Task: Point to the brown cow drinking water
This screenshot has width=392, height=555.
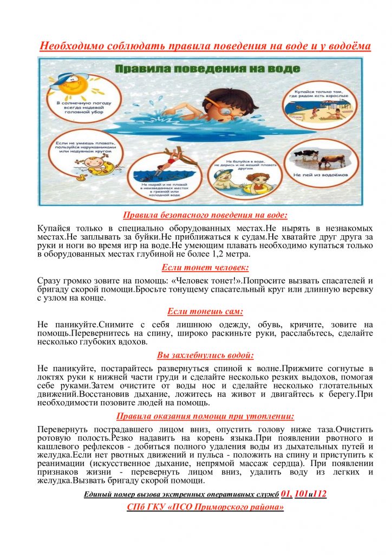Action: tap(331, 159)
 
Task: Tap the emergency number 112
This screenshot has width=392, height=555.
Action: tap(320, 494)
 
